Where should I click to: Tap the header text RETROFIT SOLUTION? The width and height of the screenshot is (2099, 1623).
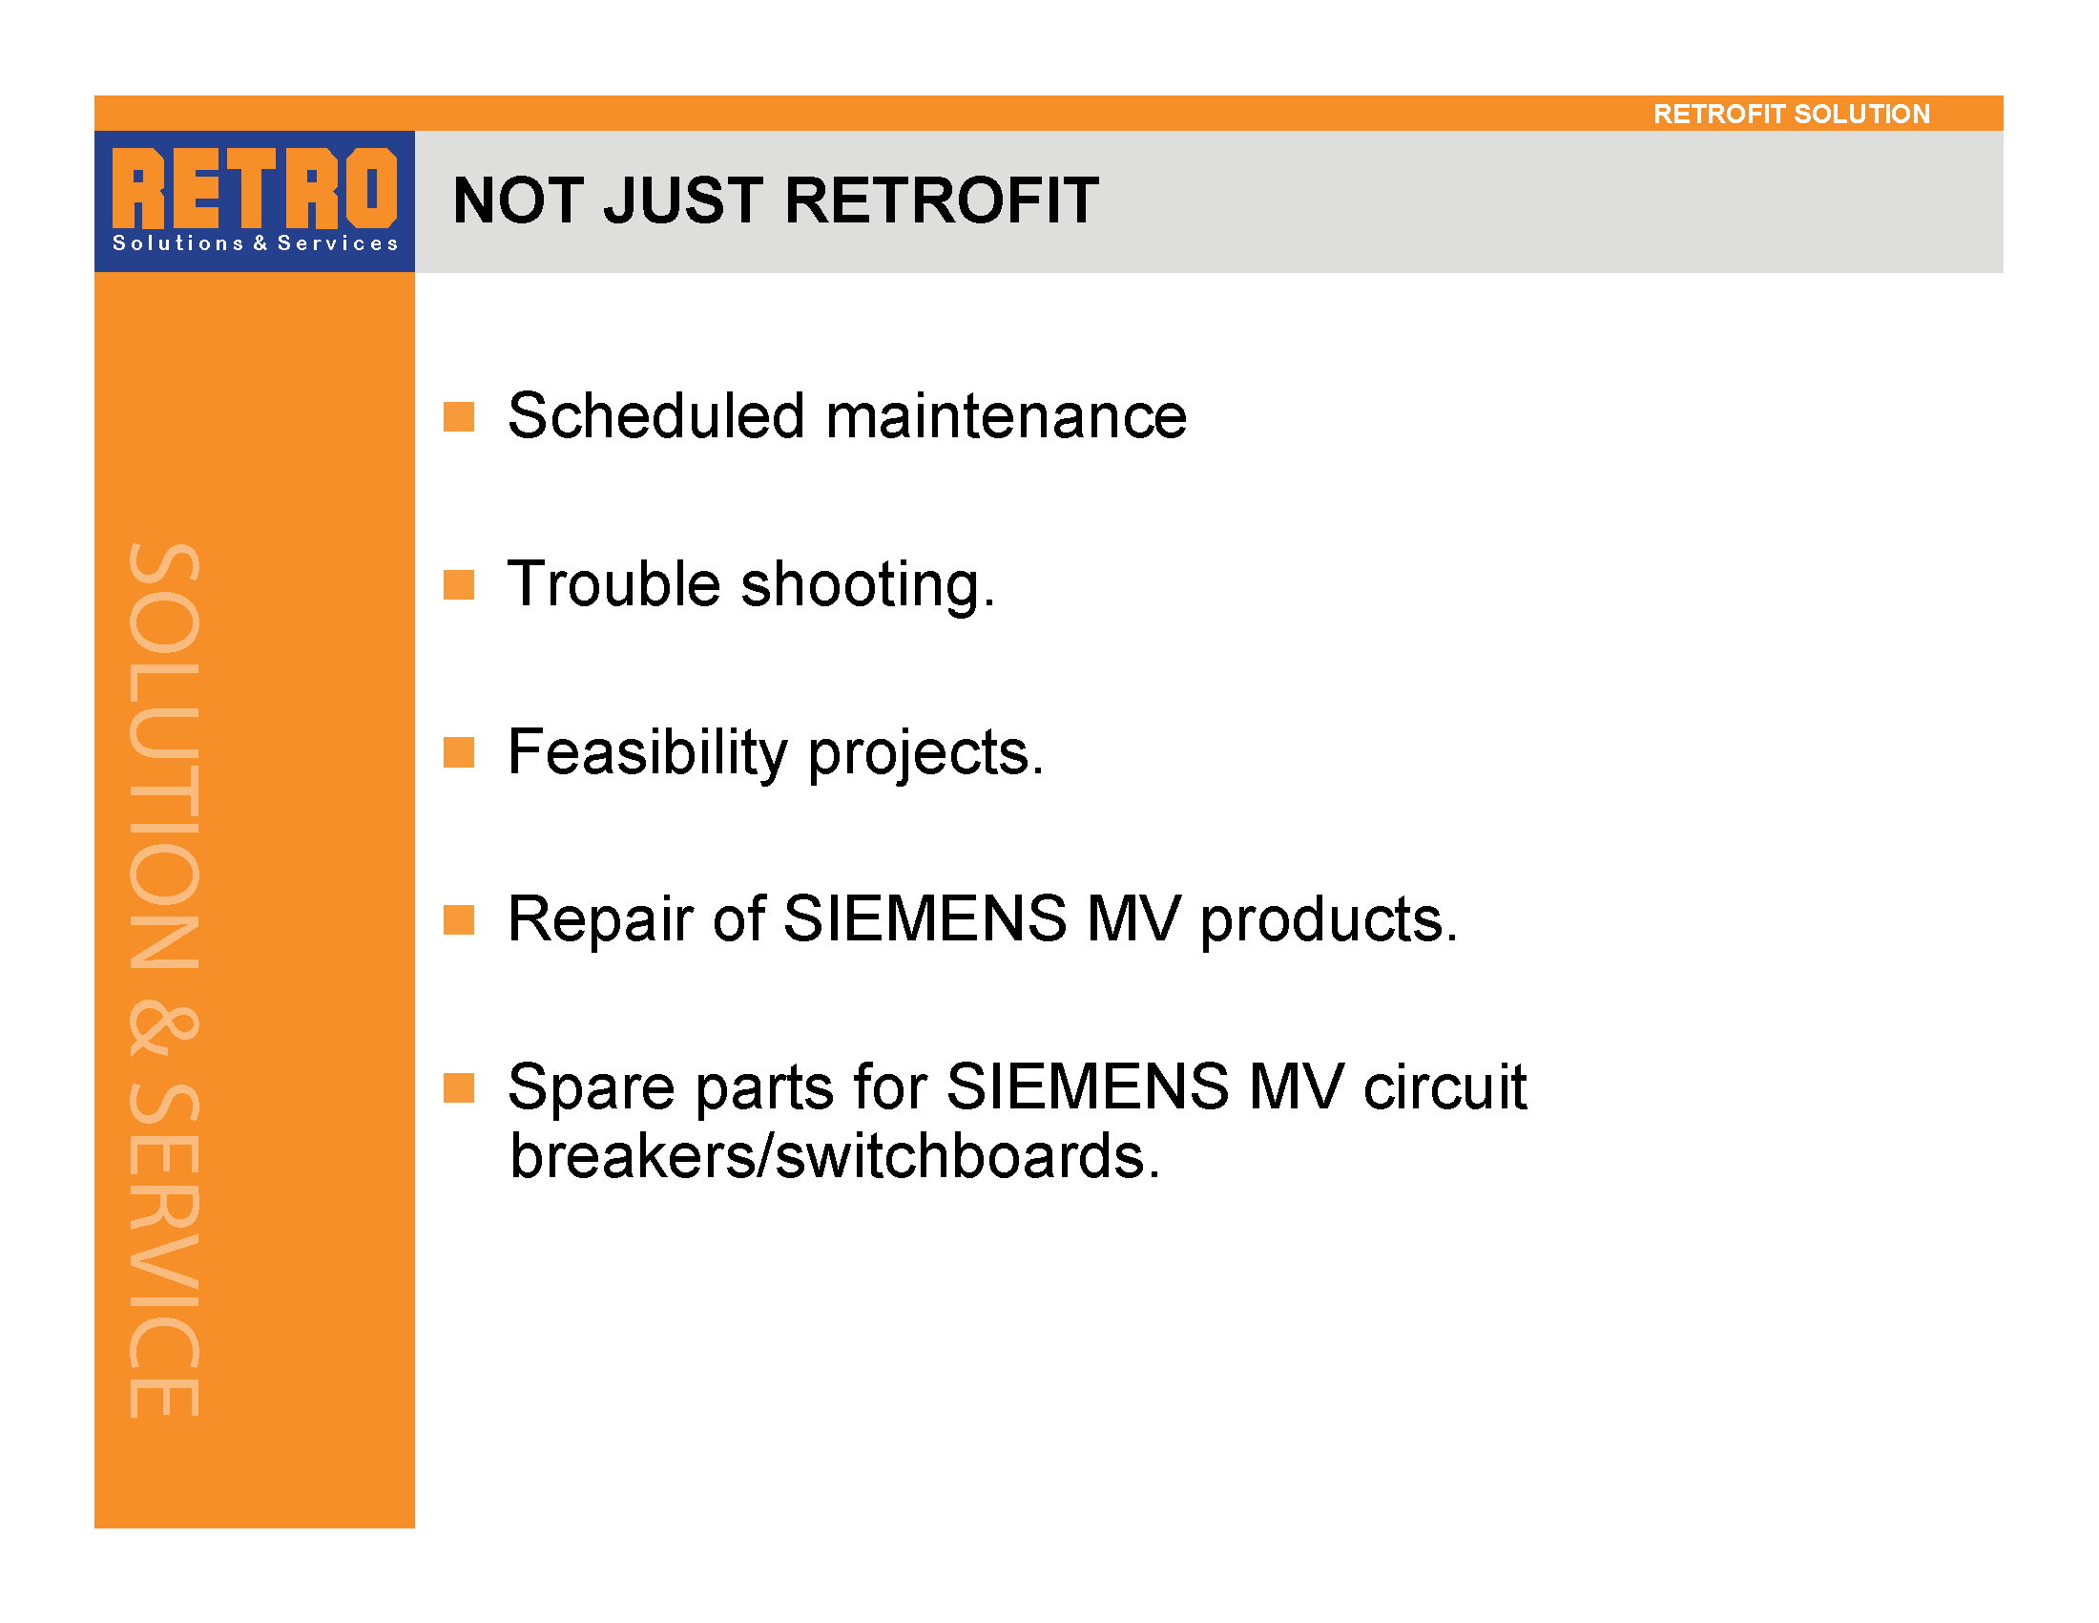(1792, 115)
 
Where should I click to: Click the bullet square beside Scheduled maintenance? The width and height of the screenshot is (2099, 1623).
(458, 417)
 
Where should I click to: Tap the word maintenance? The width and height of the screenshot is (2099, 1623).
(1007, 417)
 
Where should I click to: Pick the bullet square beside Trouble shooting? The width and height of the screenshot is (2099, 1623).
(458, 584)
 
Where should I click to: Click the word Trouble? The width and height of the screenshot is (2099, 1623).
(613, 583)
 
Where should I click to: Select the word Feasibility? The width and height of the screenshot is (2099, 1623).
(647, 753)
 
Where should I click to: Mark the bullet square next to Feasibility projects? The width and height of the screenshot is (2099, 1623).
(458, 753)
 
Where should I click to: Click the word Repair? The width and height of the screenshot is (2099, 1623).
(600, 920)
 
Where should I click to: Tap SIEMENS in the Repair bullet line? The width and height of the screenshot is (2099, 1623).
(925, 918)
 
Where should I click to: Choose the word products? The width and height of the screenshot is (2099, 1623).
(1329, 920)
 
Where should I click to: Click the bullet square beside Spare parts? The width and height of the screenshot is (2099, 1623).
(458, 1088)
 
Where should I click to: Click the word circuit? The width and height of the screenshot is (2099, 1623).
(1445, 1086)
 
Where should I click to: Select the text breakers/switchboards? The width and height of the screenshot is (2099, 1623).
(834, 1155)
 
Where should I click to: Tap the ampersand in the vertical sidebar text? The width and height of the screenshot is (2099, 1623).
(163, 1032)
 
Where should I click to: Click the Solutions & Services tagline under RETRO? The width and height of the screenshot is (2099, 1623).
(255, 243)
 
